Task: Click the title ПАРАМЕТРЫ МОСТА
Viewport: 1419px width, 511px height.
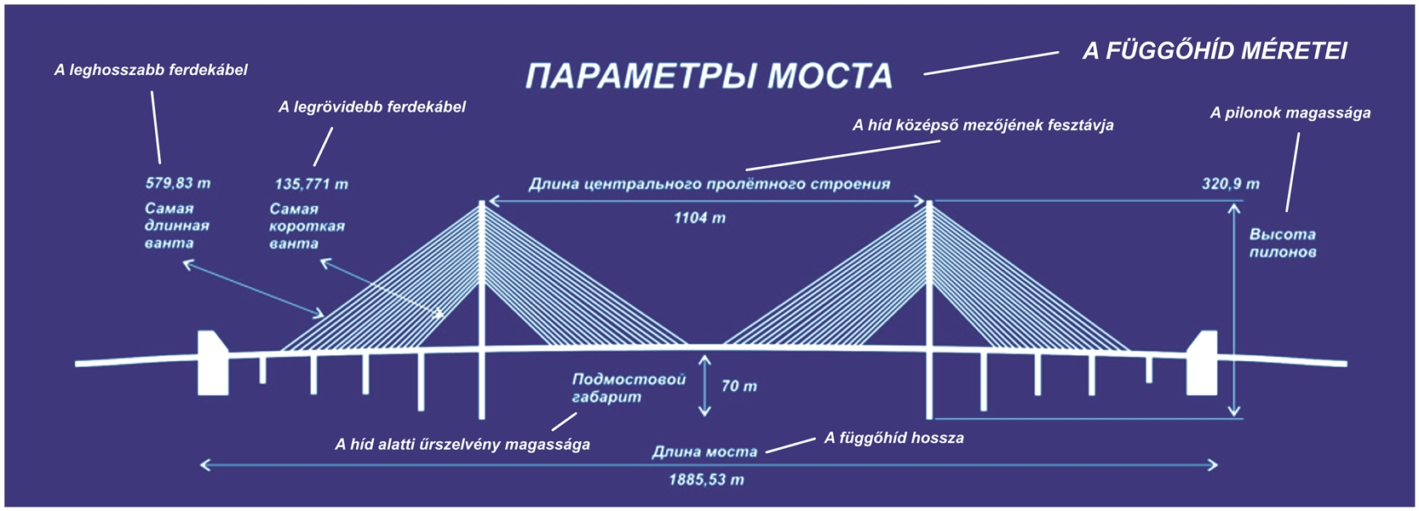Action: (709, 77)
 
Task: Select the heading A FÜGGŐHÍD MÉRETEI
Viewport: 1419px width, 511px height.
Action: (1215, 51)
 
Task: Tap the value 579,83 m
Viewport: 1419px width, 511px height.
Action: (178, 183)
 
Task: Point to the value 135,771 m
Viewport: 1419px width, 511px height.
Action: (311, 184)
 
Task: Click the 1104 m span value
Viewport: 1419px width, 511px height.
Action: (699, 218)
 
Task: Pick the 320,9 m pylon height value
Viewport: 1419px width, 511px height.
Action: (1230, 184)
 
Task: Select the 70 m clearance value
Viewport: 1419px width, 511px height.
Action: (738, 386)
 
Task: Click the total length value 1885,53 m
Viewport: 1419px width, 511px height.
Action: (706, 479)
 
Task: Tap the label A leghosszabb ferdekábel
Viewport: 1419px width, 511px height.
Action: (151, 70)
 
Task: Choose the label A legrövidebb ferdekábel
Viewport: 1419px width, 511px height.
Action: (372, 107)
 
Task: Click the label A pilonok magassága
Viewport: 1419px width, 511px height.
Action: (1290, 113)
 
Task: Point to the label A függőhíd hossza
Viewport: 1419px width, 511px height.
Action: (893, 439)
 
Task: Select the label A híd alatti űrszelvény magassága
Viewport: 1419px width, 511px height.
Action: (462, 444)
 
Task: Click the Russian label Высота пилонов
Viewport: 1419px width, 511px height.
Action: (1282, 243)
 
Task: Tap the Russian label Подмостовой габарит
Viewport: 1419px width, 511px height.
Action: (629, 388)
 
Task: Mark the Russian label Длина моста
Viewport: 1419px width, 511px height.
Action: (704, 452)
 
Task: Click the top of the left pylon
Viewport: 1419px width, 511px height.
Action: (482, 204)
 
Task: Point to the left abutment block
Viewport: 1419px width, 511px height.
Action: (212, 363)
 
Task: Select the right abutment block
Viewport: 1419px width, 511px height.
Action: (1202, 363)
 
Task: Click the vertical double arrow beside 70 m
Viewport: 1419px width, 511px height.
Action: (704, 386)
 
